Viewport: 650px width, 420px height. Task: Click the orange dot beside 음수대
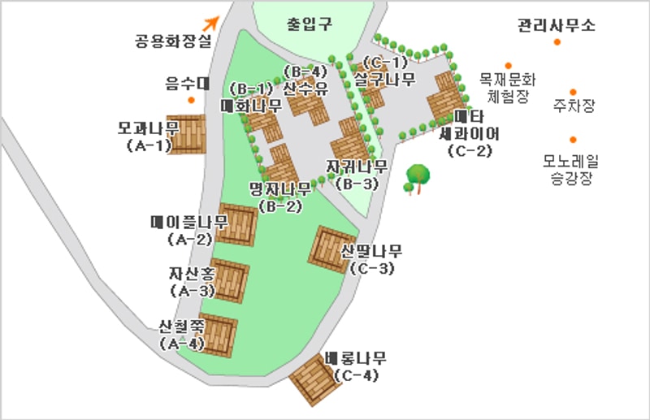[191, 100]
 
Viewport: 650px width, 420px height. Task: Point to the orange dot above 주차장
[573, 92]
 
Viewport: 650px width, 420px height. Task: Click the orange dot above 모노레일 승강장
[573, 139]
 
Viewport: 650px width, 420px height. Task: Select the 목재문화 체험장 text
[508, 87]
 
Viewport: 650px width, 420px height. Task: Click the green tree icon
[418, 177]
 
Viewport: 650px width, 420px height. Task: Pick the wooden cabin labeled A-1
[186, 133]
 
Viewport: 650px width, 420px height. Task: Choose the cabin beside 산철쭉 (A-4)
[217, 334]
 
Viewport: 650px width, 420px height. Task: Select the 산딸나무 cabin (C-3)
[331, 249]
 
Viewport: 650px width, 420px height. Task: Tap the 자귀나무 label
[357, 167]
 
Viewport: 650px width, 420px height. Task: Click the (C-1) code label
[385, 63]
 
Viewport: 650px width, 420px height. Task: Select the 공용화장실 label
[172, 38]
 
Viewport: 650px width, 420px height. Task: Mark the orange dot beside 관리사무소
[557, 41]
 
